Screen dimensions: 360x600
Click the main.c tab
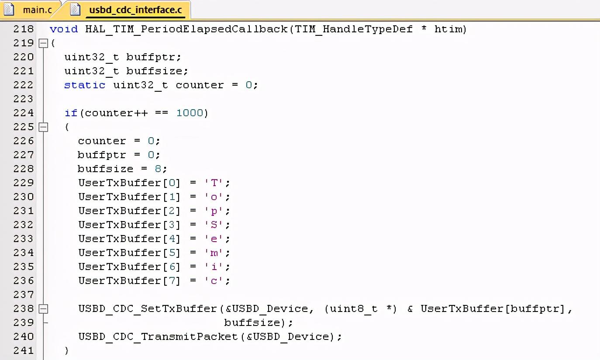pyautogui.click(x=37, y=10)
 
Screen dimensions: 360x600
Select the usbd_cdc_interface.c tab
pyautogui.click(x=135, y=10)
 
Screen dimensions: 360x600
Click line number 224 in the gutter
pyautogui.click(x=24, y=113)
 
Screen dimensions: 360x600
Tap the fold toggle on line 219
pyautogui.click(x=43, y=43)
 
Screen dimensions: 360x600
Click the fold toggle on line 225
pyautogui.click(x=43, y=127)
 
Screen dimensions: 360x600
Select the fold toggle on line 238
pyautogui.click(x=43, y=308)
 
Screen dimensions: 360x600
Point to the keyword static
pyautogui.click(x=85, y=85)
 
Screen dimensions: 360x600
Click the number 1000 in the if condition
pyautogui.click(x=190, y=113)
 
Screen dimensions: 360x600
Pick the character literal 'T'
pyautogui.click(x=214, y=183)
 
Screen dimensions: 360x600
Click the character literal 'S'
pyautogui.click(x=214, y=225)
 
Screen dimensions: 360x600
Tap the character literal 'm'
pyautogui.click(x=214, y=253)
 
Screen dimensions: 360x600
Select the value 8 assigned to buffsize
pyautogui.click(x=158, y=169)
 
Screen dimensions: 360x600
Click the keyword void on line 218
pyautogui.click(x=64, y=29)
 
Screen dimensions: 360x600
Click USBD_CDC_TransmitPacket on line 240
pyautogui.click(x=158, y=336)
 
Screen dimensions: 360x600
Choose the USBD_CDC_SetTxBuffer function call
pyautogui.click(x=148, y=308)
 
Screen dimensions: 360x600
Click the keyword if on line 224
pyautogui.click(x=71, y=113)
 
